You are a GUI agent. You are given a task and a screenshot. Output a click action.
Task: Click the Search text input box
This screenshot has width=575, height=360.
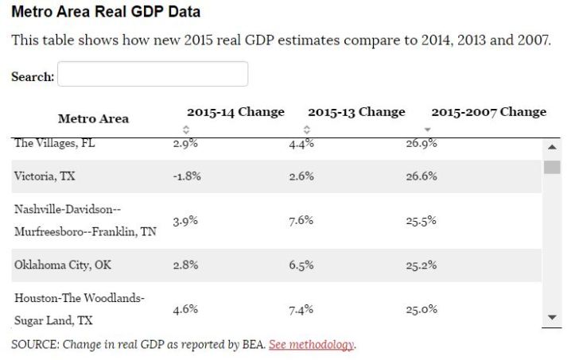pos(153,75)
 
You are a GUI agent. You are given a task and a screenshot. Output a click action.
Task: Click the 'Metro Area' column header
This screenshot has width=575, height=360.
pos(93,119)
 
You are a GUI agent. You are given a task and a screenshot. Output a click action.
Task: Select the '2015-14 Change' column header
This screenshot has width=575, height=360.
pos(235,112)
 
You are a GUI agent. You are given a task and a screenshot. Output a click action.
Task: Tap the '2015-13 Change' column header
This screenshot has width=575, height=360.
pos(356,112)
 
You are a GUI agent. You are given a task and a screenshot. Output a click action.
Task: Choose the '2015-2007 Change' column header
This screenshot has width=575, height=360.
pos(488,112)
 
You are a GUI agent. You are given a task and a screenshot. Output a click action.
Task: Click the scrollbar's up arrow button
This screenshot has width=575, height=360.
pos(552,147)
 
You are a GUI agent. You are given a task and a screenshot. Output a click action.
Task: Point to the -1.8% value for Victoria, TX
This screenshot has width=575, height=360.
pos(186,176)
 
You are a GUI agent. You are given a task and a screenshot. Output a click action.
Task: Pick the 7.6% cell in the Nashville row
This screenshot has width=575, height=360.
pos(301,221)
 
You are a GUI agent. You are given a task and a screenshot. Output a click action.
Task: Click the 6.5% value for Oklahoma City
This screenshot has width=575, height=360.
pos(301,265)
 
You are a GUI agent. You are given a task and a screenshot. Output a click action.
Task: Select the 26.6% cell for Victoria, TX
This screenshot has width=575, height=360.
pos(422,176)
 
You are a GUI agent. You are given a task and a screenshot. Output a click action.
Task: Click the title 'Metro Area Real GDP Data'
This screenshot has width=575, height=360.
pos(106,12)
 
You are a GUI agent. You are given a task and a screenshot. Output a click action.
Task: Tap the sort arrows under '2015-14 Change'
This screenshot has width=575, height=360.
pos(186,129)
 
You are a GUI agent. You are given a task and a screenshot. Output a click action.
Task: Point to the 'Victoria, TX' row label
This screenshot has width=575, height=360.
pos(45,176)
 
